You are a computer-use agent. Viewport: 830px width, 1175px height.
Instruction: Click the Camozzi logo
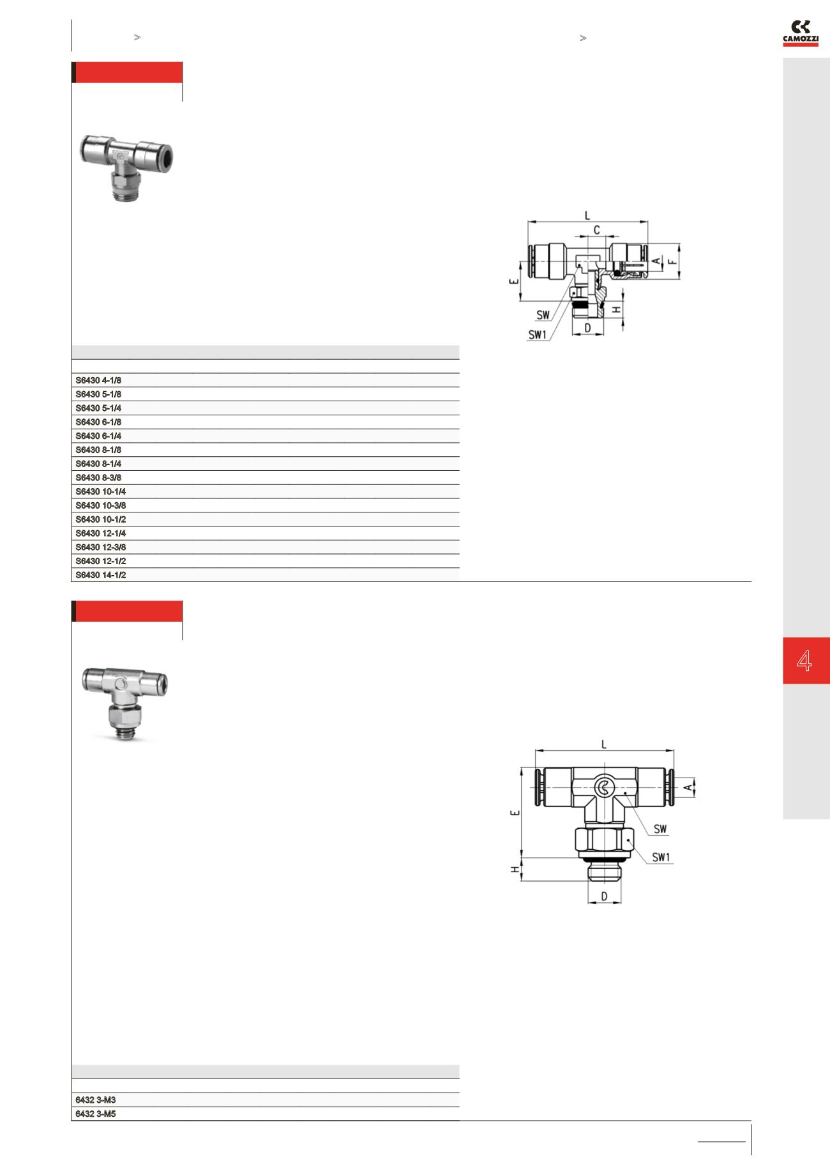(801, 34)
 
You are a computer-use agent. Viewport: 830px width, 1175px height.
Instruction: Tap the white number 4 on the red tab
(804, 660)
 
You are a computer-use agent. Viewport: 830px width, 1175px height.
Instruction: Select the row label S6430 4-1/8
(98, 381)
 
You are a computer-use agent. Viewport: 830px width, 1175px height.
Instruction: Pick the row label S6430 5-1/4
(98, 408)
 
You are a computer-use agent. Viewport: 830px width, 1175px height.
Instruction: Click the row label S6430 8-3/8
(98, 478)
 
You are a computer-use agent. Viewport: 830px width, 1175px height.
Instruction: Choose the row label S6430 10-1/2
(101, 519)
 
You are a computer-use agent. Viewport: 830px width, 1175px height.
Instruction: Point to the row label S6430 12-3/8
(101, 547)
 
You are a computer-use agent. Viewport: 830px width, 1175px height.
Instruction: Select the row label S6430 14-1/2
(101, 575)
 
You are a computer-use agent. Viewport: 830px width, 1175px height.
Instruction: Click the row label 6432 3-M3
(95, 1100)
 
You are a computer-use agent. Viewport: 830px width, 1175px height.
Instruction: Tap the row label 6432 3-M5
(95, 1114)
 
